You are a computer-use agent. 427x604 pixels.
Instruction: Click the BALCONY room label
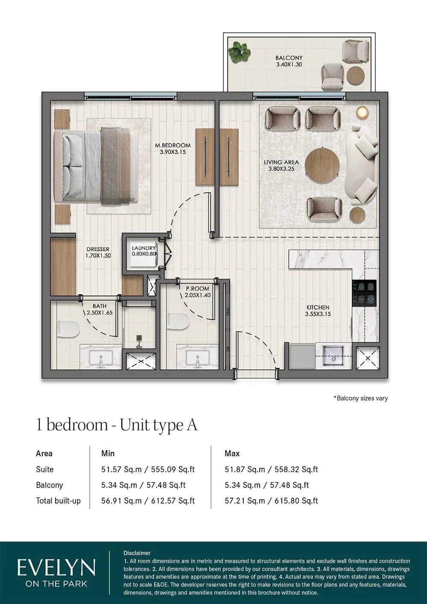(x=289, y=61)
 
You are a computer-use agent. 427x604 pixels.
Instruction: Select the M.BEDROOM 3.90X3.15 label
(x=173, y=149)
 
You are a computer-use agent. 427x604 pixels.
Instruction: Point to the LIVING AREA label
(x=281, y=165)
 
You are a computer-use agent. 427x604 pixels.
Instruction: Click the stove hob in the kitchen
(x=364, y=293)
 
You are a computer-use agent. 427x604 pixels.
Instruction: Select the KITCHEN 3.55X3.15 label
(x=318, y=311)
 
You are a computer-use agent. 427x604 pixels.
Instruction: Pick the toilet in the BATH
(x=69, y=328)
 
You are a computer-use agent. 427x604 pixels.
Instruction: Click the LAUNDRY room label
(x=143, y=251)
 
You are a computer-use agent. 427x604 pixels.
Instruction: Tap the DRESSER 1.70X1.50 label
(x=98, y=252)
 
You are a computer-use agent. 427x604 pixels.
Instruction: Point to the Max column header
(x=232, y=453)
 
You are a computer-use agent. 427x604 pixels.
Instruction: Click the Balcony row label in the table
(x=50, y=485)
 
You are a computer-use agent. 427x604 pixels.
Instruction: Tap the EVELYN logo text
(x=56, y=568)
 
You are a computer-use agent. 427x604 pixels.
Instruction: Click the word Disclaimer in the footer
(x=137, y=553)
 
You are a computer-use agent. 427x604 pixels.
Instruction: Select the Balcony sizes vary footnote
(x=360, y=398)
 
